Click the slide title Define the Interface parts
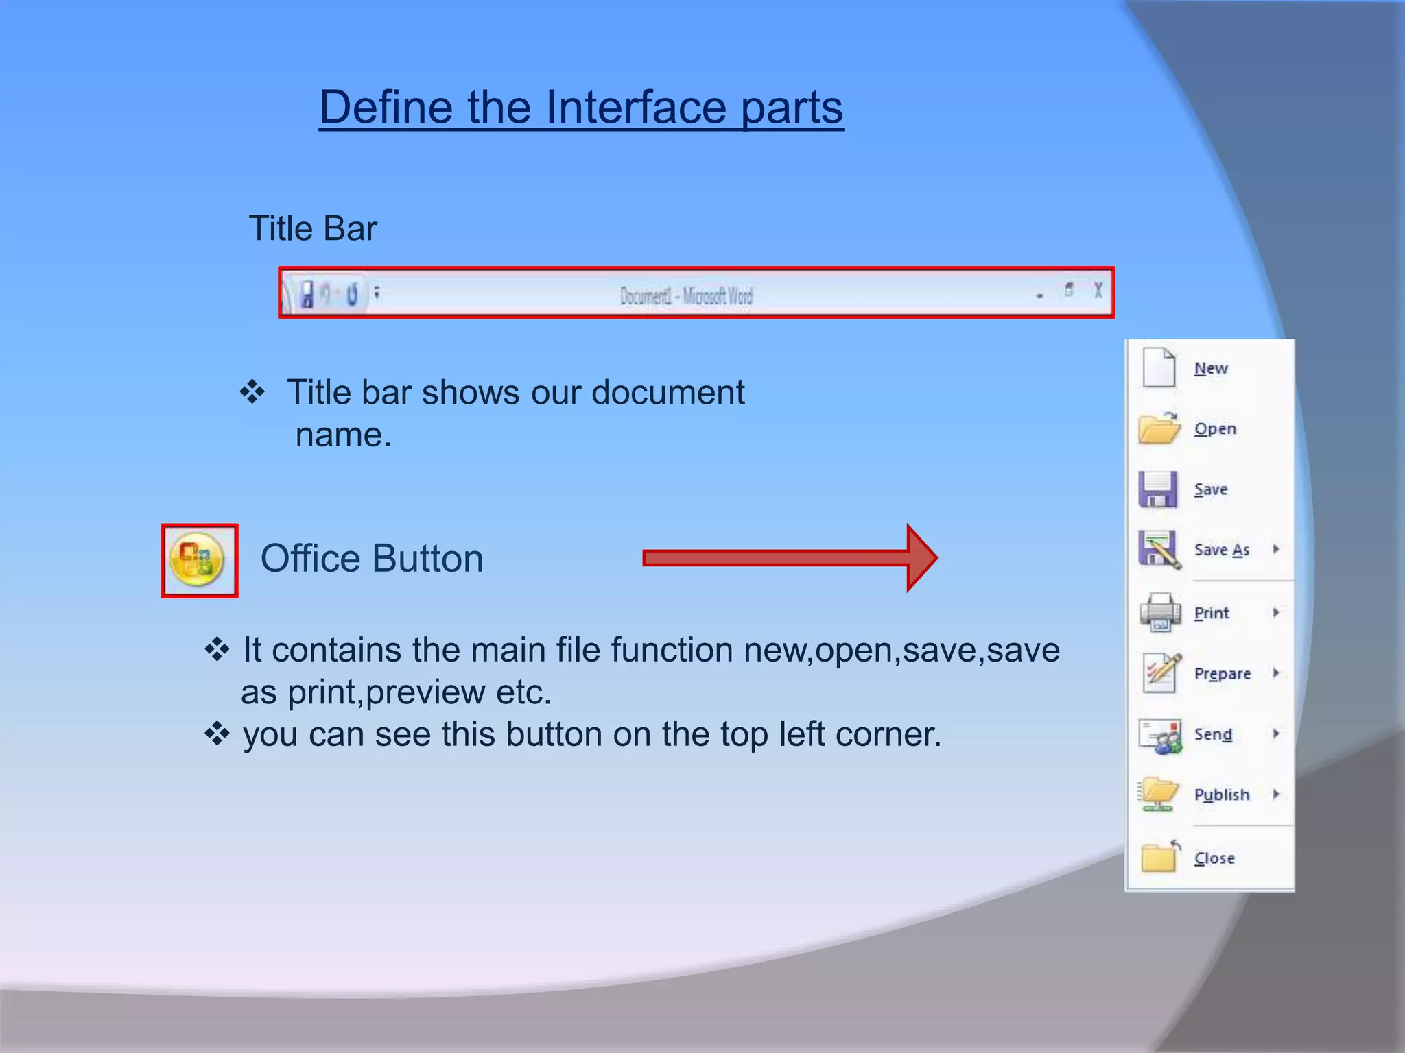click(581, 108)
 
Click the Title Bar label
click(312, 228)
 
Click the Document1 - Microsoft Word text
click(686, 296)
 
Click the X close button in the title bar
click(1098, 291)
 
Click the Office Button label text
click(372, 558)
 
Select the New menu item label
click(1211, 369)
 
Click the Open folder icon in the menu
click(1159, 428)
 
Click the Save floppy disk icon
click(1158, 489)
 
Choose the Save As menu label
click(1221, 550)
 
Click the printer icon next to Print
click(1159, 612)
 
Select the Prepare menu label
click(1223, 674)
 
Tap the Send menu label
click(1213, 734)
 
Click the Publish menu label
click(1222, 795)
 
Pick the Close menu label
click(1214, 858)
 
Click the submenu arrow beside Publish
click(1276, 794)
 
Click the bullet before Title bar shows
click(252, 392)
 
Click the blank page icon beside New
click(1159, 367)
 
